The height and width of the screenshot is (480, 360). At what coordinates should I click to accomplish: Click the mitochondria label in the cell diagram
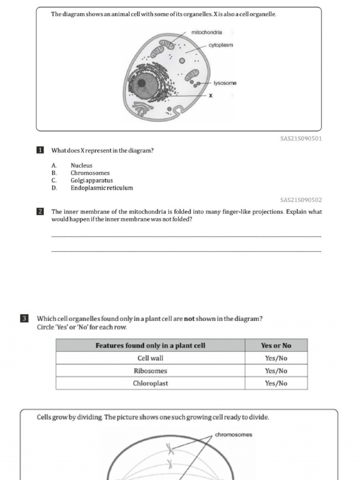tap(207, 32)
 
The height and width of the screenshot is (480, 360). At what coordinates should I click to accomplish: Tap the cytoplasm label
tap(220, 45)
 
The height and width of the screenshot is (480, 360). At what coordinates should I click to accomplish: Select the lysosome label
tap(225, 83)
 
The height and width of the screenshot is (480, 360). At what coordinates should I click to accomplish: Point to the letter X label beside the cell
tap(210, 96)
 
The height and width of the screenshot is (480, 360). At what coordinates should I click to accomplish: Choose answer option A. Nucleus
tap(81, 165)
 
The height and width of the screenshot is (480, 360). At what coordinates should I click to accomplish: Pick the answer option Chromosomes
tap(90, 173)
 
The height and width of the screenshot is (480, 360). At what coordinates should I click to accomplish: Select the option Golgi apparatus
tap(91, 180)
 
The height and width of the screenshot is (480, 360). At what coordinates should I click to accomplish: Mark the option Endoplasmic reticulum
tap(102, 188)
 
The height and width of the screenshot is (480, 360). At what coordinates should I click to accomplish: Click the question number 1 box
tap(40, 150)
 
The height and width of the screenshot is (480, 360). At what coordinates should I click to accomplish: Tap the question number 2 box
tap(40, 212)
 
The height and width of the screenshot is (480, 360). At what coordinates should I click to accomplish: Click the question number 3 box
tap(24, 319)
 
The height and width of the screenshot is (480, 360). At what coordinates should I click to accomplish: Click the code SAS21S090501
tap(300, 139)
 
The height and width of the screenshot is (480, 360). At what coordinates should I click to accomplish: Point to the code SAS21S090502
tap(300, 200)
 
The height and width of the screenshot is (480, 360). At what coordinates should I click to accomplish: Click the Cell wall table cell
tap(150, 358)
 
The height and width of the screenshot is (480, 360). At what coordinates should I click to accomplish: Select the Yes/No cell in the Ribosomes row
tap(276, 371)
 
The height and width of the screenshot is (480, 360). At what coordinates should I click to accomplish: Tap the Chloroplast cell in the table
tap(150, 383)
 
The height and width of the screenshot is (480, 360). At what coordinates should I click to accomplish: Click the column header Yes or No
tap(276, 345)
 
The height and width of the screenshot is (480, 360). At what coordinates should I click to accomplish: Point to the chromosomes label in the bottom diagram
tap(233, 435)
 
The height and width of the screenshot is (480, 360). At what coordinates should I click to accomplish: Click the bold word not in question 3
tap(189, 319)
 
